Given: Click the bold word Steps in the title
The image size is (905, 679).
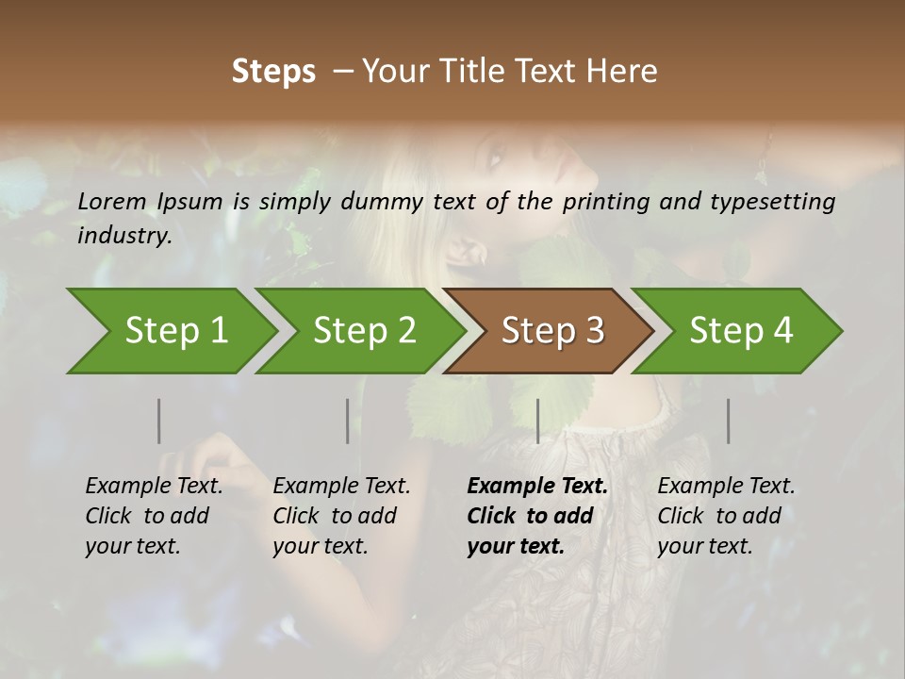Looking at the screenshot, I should (273, 72).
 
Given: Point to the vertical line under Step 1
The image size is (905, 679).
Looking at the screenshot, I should (158, 421).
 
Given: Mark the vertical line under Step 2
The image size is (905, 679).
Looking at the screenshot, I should (347, 421).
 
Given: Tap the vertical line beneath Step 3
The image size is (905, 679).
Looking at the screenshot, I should (537, 421).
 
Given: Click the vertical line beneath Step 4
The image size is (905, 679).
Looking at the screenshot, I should (728, 421).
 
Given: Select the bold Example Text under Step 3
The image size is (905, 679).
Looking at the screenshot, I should (537, 487).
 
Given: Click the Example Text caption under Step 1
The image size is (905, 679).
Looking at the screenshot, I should (154, 487).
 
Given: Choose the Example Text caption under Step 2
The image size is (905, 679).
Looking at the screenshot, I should (341, 487).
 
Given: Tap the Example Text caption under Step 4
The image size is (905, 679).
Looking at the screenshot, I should (726, 487).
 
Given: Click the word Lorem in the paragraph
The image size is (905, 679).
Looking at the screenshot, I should (112, 202).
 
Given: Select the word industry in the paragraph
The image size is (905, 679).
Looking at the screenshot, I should (123, 236).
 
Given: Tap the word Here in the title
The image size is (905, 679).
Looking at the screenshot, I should (622, 72).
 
